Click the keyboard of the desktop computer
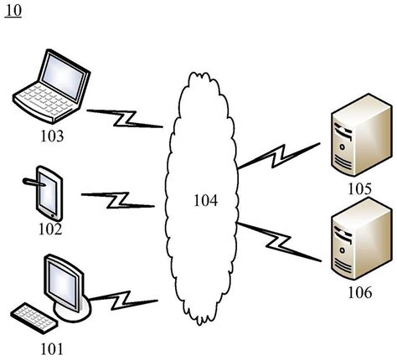pyautogui.click(x=34, y=317)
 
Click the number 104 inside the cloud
pyautogui.click(x=204, y=201)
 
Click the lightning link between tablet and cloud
pyautogui.click(x=118, y=199)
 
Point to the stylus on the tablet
pyautogui.click(x=35, y=180)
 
